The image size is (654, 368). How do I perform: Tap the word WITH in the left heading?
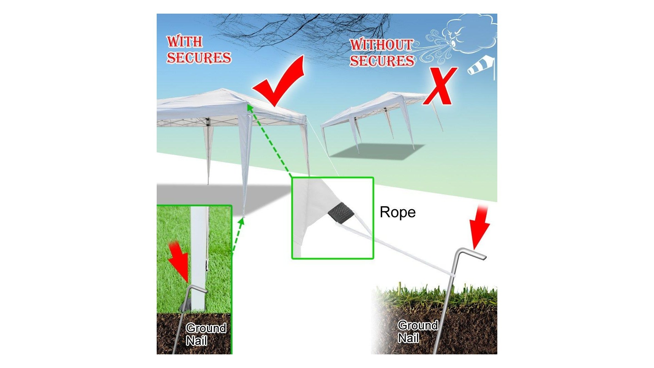(185, 42)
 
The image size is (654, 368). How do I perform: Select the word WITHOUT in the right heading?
(381, 45)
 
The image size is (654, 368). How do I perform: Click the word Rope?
(398, 212)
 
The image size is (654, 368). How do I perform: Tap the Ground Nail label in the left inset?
(206, 334)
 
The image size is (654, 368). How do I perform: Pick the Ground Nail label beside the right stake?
(418, 332)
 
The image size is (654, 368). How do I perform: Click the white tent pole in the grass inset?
(199, 259)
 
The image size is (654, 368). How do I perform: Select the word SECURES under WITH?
(199, 58)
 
